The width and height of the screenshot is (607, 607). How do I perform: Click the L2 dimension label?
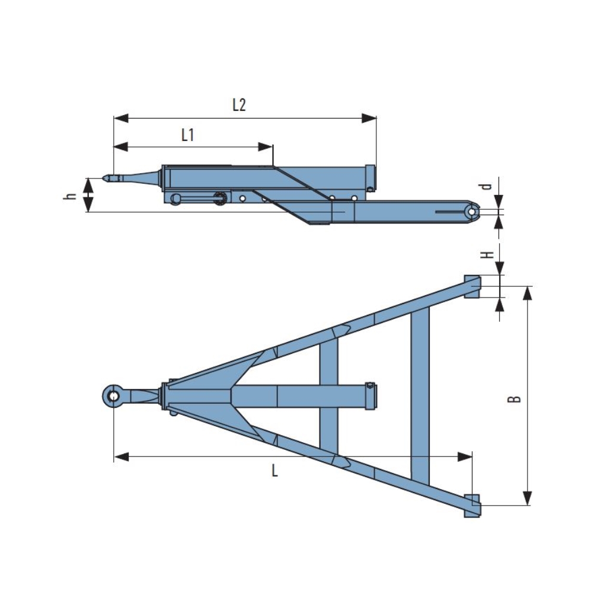[238, 106]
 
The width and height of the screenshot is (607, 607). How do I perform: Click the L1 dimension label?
[187, 135]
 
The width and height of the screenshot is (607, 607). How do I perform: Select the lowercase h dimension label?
[71, 195]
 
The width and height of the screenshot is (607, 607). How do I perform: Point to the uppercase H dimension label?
[487, 254]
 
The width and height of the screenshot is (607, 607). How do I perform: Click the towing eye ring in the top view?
[113, 395]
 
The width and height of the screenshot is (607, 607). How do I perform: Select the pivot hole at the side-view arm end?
[472, 211]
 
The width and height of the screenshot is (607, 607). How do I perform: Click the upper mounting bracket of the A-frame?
[472, 286]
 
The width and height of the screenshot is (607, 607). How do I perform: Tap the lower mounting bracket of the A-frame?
[472, 506]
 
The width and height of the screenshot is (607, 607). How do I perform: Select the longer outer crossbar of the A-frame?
[420, 396]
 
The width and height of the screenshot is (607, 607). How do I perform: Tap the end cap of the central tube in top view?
[371, 396]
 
